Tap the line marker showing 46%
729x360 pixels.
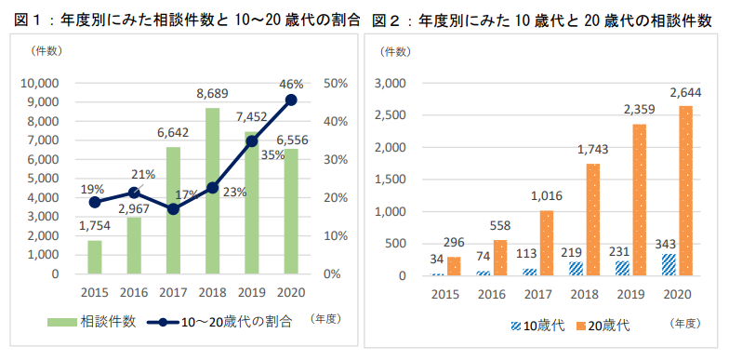tap(291, 100)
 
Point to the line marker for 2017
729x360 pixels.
tap(173, 209)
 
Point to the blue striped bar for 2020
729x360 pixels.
tap(669, 264)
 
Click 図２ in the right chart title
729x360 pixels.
tap(387, 19)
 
